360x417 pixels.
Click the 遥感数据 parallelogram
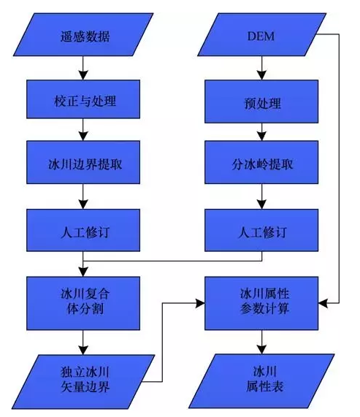[x=83, y=34]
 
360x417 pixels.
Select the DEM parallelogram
[x=262, y=34]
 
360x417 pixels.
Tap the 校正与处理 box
[x=83, y=99]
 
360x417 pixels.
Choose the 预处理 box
[x=261, y=102]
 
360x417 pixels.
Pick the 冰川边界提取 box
[x=83, y=162]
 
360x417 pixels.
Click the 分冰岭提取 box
[x=261, y=162]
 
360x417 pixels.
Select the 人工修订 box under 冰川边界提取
[x=83, y=230]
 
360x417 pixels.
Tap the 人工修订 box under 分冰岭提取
[x=261, y=230]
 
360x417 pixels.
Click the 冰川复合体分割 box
[x=83, y=303]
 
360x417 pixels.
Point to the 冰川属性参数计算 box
[x=261, y=303]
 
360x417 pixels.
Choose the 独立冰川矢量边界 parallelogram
[x=83, y=382]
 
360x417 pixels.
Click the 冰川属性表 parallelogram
[x=261, y=381]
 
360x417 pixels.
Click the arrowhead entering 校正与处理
[x=83, y=75]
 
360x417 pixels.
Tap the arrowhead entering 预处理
[x=262, y=75]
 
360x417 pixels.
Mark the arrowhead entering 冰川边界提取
[x=83, y=137]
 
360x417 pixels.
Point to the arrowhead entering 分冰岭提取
[x=262, y=137]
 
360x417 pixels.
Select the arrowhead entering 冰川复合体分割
[x=83, y=272]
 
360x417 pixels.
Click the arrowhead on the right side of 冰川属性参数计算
[x=323, y=303]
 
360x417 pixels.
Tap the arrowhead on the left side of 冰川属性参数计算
[x=200, y=303]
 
